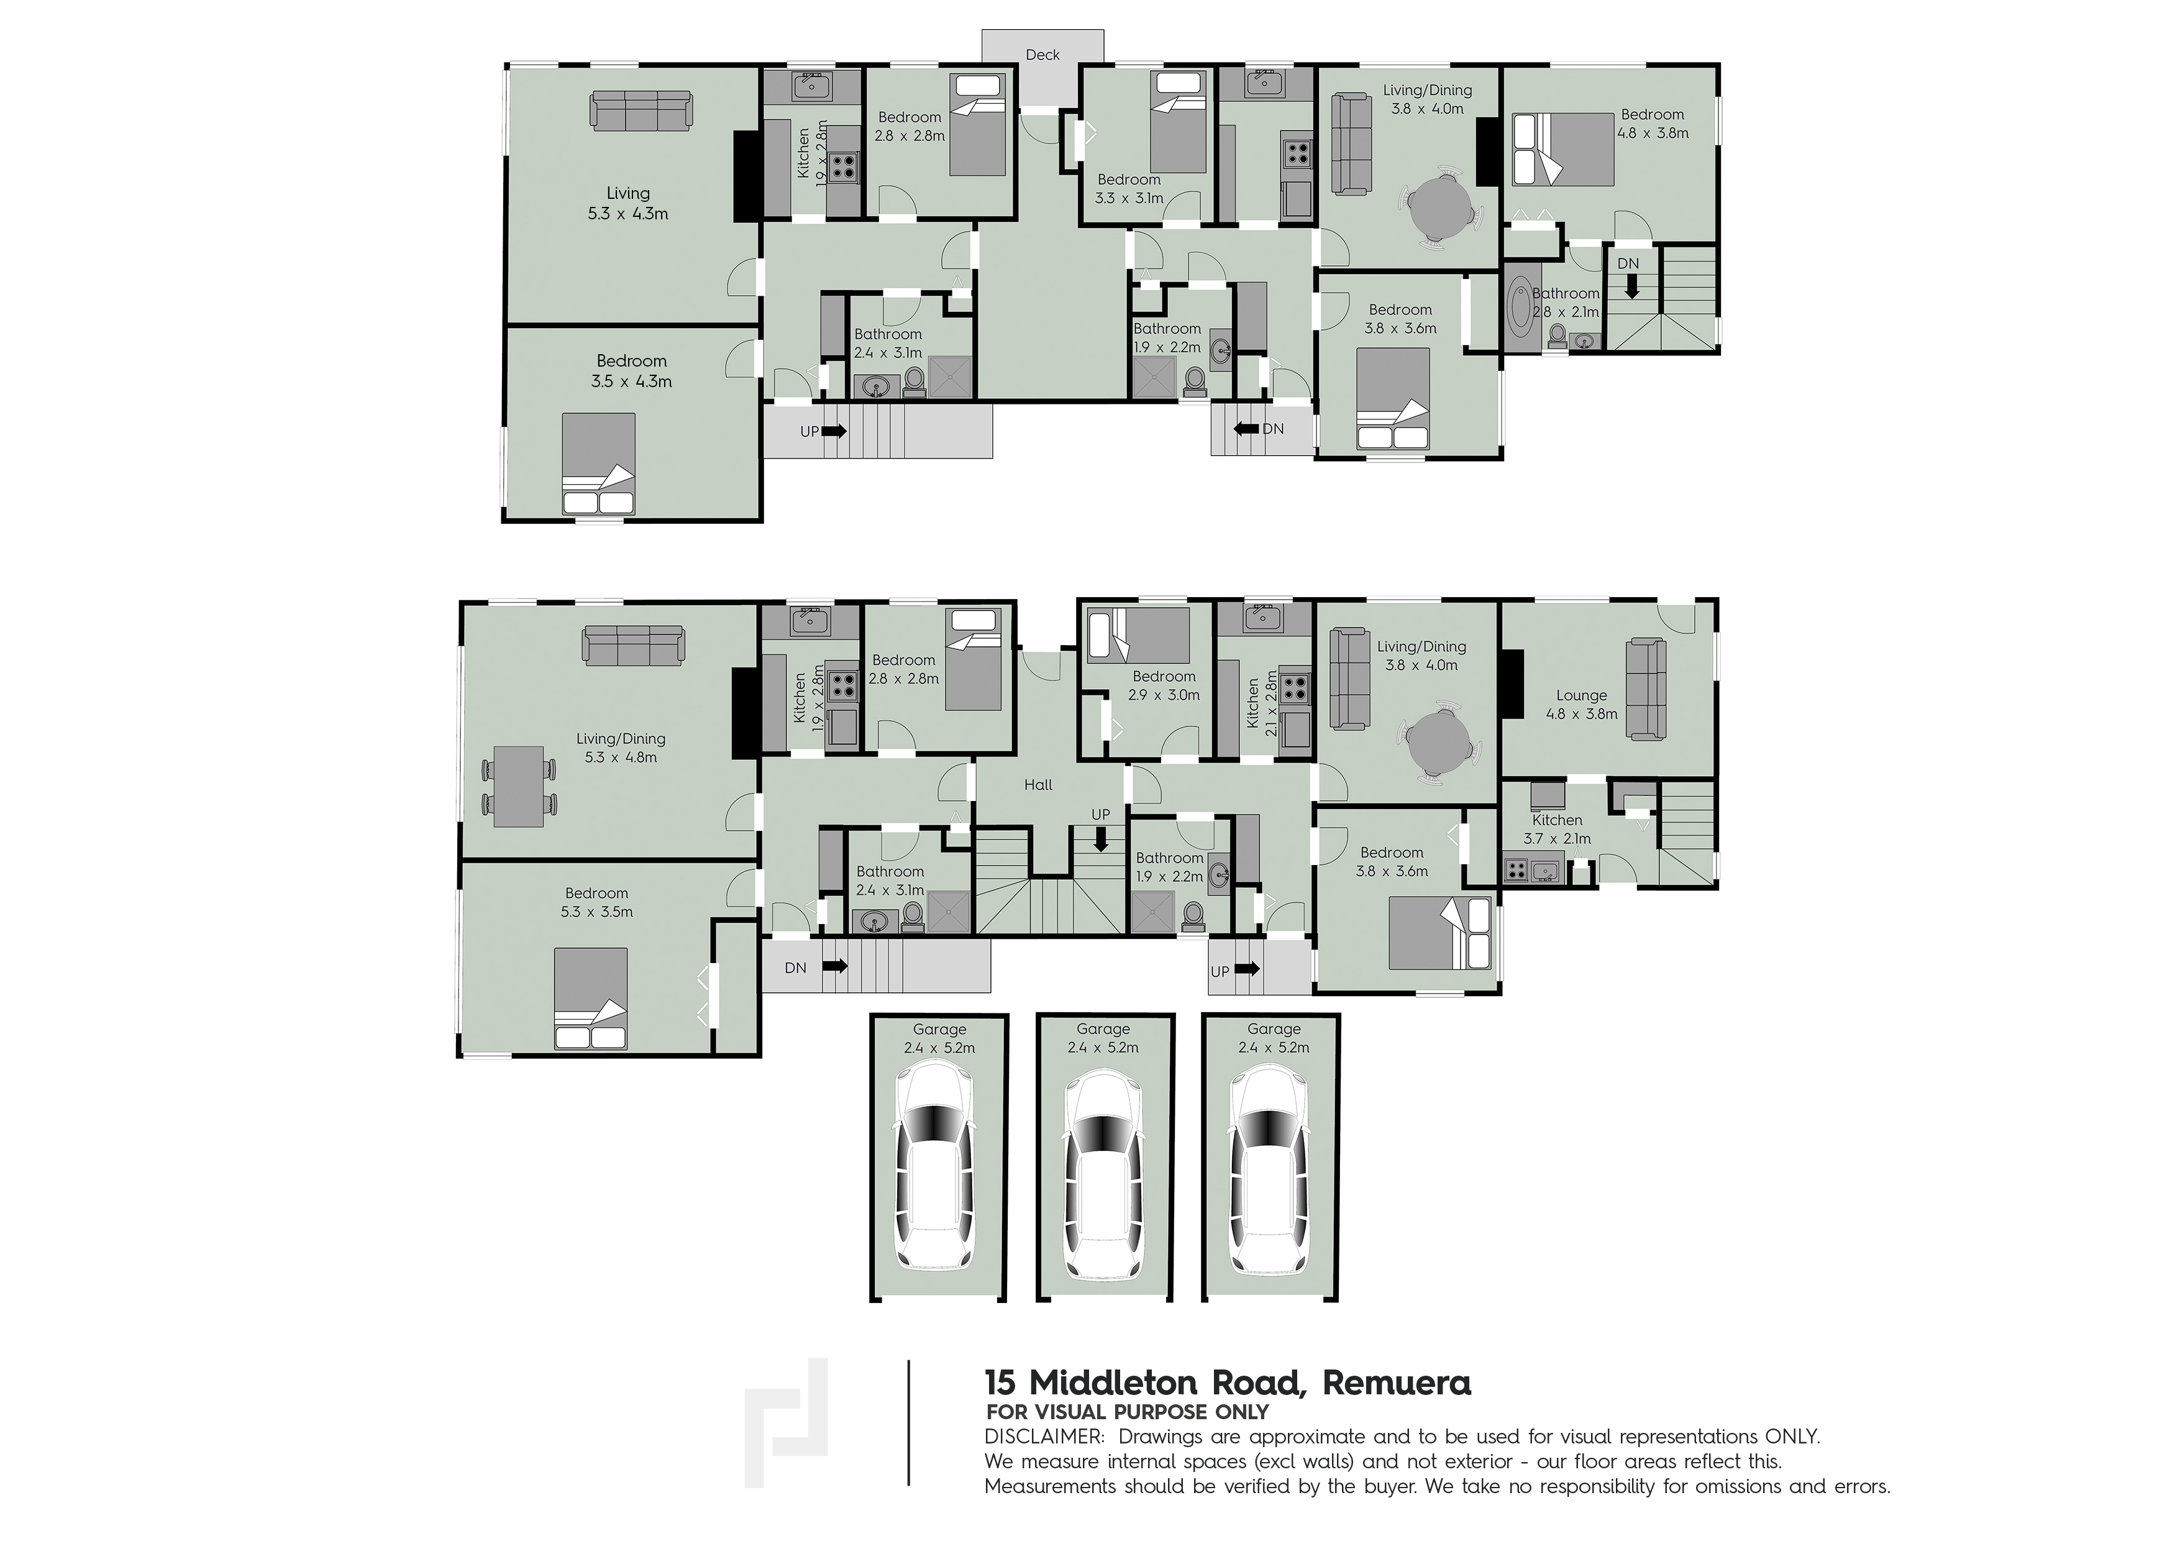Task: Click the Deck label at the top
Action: [x=1042, y=55]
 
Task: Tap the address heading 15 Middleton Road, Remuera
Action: [x=1228, y=1383]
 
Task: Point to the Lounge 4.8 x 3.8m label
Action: [x=1581, y=705]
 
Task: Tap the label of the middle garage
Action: [x=1103, y=1038]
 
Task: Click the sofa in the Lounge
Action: [x=1646, y=689]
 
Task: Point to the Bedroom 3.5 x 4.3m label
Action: [x=631, y=371]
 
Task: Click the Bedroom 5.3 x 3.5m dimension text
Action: [x=596, y=912]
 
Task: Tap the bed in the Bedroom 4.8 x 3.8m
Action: [x=1563, y=149]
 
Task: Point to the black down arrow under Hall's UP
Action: [x=1100, y=840]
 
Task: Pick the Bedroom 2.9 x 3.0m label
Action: [x=1164, y=685]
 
